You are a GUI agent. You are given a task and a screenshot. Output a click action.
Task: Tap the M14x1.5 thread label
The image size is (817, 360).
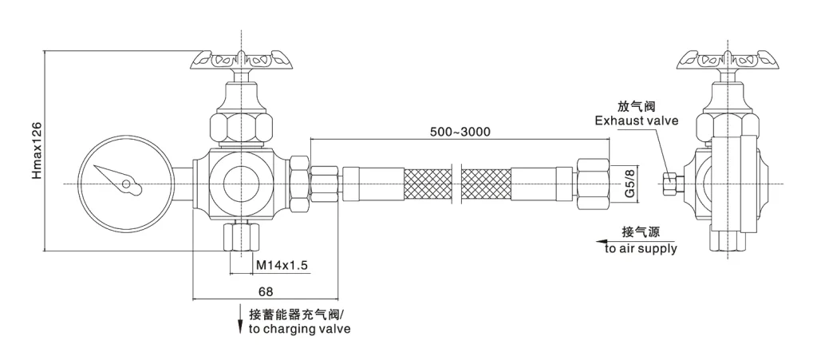coord(281,264)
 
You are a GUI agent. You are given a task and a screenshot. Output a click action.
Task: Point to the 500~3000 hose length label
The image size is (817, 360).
coord(460,131)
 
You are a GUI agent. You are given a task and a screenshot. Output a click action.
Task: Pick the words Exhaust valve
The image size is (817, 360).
coord(635,121)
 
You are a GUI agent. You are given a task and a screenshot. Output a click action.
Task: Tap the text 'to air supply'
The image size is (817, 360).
coord(641,248)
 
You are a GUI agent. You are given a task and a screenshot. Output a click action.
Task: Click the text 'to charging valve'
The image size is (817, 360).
coord(298,328)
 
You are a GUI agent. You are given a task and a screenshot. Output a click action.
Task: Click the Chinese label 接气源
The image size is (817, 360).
coord(640,233)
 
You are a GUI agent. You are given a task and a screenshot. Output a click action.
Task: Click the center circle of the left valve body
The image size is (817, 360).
coord(240,184)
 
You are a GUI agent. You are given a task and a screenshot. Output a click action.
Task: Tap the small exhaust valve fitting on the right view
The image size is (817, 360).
coord(672,183)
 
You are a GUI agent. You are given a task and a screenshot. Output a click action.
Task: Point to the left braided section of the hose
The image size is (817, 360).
coord(428,184)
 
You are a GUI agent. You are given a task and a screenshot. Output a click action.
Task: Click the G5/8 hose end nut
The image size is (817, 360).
coord(590,183)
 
